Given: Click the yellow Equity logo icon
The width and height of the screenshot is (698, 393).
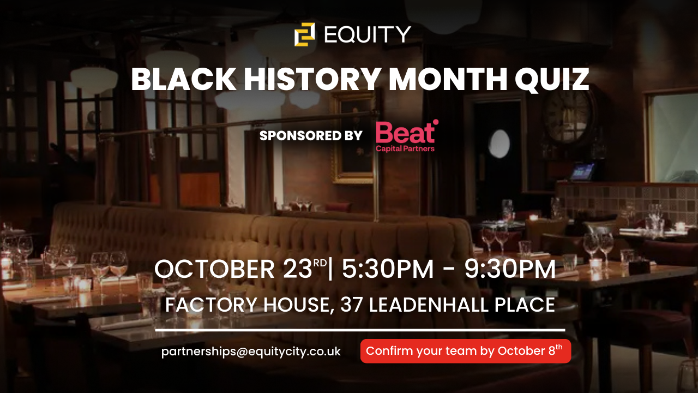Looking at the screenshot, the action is [x=304, y=34].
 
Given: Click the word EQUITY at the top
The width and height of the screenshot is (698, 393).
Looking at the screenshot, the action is [x=368, y=34].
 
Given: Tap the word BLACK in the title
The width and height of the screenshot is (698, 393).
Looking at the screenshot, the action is [x=184, y=79].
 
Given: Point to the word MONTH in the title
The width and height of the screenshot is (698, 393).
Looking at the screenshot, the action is [x=448, y=79].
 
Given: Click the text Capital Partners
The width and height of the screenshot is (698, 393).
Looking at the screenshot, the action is [x=405, y=148].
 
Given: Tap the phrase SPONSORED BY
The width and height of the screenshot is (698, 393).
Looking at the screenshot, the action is [x=311, y=136].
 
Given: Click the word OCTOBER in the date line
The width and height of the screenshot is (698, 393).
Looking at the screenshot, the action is [x=214, y=269].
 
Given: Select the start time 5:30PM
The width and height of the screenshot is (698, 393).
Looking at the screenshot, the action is [x=388, y=269].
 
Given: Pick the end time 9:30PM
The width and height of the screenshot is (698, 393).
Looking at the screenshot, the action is [x=510, y=269].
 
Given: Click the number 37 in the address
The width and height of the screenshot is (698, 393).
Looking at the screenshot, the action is [x=352, y=305].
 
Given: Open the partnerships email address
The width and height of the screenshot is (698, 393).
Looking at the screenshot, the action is [x=251, y=352].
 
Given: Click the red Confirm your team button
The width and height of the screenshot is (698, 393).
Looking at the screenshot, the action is [x=466, y=351].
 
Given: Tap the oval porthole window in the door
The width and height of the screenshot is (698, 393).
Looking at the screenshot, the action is [x=499, y=144].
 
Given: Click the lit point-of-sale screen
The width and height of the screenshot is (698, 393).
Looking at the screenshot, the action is [x=582, y=171].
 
